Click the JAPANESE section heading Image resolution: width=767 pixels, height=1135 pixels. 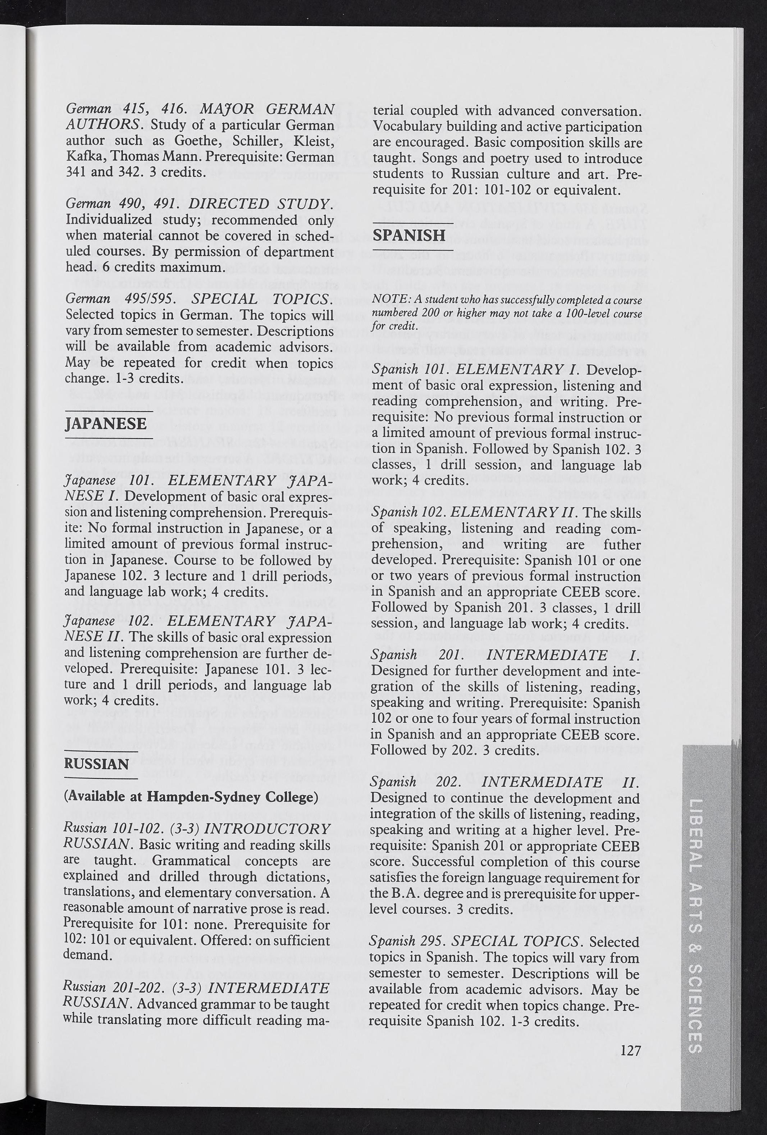coord(105,423)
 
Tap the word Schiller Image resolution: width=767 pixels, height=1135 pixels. coord(259,141)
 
